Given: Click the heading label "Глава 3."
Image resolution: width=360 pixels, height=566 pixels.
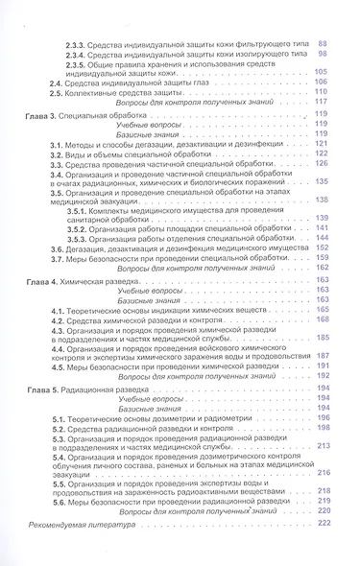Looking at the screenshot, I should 46,115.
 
